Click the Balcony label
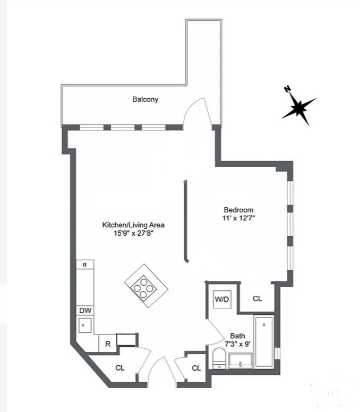[145, 99]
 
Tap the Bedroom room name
[238, 210]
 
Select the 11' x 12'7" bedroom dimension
[238, 218]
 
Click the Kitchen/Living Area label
[133, 225]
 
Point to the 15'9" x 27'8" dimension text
[133, 233]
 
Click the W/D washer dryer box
[222, 299]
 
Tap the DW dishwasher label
[85, 311]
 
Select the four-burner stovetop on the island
[143, 288]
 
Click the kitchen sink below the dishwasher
[85, 325]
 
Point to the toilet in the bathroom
[219, 358]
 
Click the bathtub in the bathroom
[264, 341]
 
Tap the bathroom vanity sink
[241, 360]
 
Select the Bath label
[237, 336]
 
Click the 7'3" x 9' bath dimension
[237, 344]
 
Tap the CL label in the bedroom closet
[257, 299]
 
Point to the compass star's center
[298, 108]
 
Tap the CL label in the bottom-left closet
[120, 368]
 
